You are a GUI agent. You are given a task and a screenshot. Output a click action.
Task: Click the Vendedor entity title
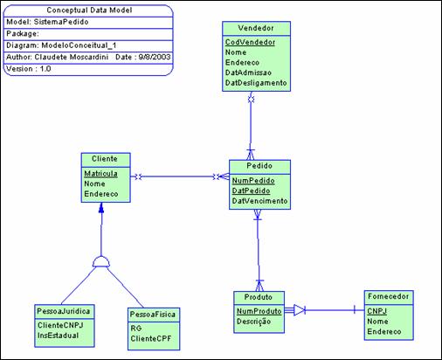pos(252,27)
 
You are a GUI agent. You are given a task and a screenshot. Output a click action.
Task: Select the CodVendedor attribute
pos(249,41)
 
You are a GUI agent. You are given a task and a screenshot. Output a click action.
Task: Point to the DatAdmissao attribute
pos(249,73)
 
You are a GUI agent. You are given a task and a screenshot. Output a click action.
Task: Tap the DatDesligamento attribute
pos(256,83)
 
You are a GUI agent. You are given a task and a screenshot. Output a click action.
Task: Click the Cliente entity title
pos(105,159)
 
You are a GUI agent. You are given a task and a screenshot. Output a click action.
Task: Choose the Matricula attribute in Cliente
pos(102,173)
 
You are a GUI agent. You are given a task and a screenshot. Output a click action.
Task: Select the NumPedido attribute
pos(253,180)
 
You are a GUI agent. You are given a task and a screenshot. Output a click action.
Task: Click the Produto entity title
pos(258,297)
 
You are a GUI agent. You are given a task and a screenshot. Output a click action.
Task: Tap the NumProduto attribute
pos(259,311)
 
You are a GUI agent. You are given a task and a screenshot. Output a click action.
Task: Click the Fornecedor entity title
pos(389,297)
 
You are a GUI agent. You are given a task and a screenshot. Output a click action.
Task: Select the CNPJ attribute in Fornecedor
pos(377,310)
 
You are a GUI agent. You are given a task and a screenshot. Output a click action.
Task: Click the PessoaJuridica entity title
pos(64,311)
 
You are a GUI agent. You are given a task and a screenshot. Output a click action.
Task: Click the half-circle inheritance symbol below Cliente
pos(101,261)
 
